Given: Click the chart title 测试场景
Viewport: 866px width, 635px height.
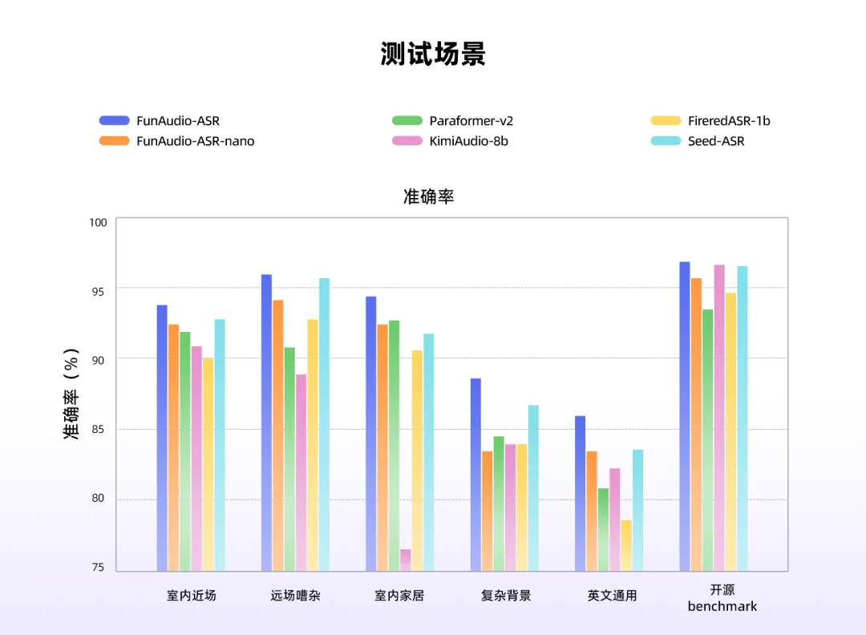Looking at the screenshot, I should pos(433,55).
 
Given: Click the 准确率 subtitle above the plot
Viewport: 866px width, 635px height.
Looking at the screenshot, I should pos(429,196).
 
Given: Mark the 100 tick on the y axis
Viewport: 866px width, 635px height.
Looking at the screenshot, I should pos(97,221).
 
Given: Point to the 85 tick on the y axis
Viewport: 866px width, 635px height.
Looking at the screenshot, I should pos(97,430).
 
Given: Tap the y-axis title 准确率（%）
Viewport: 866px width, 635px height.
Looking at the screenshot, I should pos(72,394).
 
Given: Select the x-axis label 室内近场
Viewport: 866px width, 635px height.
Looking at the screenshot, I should pos(192,596).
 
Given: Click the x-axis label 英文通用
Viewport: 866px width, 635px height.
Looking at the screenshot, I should pos(612,596).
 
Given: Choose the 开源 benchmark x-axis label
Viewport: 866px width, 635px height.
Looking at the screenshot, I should pos(722,598).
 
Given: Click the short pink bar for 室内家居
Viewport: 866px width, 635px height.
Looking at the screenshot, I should pos(406,560).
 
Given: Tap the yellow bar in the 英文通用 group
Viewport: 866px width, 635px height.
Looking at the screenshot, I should pos(626,545).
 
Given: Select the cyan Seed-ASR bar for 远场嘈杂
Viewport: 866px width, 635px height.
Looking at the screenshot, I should pos(324,425).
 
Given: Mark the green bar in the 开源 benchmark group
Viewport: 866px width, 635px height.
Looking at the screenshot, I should pos(708,440).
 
